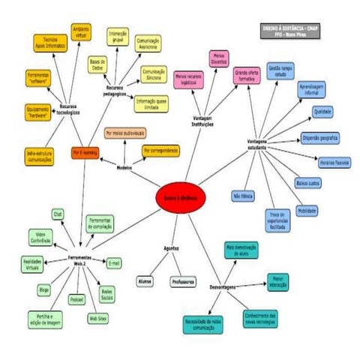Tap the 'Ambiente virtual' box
pyautogui.click(x=81, y=31)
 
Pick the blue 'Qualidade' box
pyautogui.click(x=322, y=111)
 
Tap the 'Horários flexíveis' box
pyautogui.click(x=332, y=162)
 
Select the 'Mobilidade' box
pyautogui.click(x=305, y=211)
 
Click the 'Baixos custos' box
pyautogui.click(x=307, y=182)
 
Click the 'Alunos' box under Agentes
pyautogui.click(x=145, y=281)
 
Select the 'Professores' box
pyautogui.click(x=183, y=281)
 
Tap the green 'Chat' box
pyautogui.click(x=58, y=214)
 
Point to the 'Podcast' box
pyautogui.click(x=76, y=298)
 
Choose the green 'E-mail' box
pyautogui.click(x=114, y=263)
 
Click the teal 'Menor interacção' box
pyautogui.click(x=277, y=281)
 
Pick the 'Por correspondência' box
pyautogui.click(x=160, y=151)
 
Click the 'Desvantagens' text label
pyautogui.click(x=224, y=286)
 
